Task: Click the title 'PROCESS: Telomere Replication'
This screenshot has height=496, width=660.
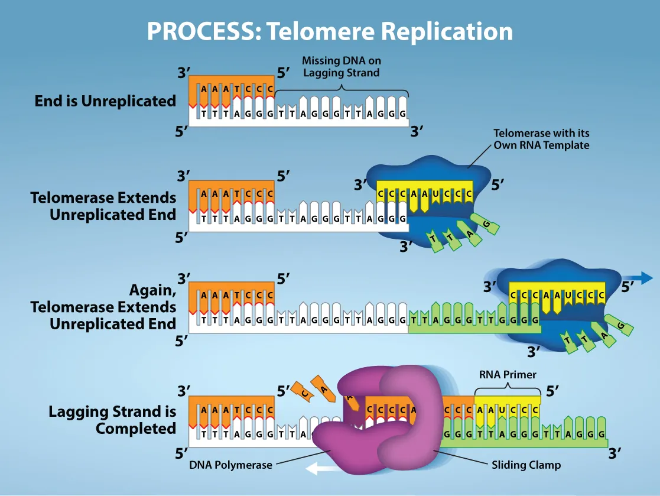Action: tap(330, 31)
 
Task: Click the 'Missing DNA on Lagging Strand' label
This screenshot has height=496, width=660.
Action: tap(341, 66)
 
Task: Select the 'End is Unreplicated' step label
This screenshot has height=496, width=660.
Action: tap(105, 101)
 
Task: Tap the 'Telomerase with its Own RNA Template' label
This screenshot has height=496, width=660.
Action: tap(541, 140)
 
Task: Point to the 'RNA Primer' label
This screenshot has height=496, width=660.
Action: tap(507, 374)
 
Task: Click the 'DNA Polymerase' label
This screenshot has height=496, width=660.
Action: tap(230, 465)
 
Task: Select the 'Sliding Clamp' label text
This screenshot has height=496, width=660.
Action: tap(526, 465)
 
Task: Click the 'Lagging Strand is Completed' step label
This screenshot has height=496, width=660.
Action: tap(112, 420)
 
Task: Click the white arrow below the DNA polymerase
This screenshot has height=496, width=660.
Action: tap(320, 469)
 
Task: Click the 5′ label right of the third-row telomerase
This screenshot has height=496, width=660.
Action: tap(628, 287)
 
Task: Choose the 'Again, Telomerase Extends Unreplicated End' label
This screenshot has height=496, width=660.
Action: tap(103, 307)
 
